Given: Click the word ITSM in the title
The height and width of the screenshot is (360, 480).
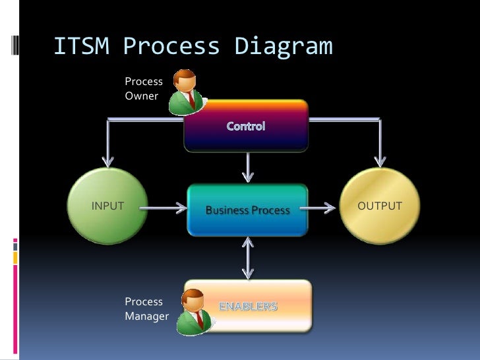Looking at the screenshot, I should click(x=81, y=47).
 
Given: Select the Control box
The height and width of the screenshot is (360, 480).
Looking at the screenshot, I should click(x=246, y=125).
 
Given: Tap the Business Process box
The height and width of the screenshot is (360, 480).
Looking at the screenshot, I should click(x=247, y=210).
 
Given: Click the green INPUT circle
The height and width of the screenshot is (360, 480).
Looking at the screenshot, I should click(x=107, y=206).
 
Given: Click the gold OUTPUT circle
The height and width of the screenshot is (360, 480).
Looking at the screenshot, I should click(x=379, y=206).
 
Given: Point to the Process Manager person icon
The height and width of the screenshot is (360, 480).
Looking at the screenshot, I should click(x=193, y=310).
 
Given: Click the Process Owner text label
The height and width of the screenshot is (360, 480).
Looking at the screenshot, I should click(x=144, y=89).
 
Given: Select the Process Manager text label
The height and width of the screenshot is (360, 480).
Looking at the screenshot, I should click(x=146, y=309).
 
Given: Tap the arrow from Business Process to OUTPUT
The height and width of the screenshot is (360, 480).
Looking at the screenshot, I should click(x=322, y=209).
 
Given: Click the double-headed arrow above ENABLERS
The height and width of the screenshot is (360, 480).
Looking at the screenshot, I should click(x=248, y=258).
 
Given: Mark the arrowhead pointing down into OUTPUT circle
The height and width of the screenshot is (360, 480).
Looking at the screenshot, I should click(x=380, y=160).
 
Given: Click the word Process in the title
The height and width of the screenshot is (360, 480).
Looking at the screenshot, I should click(x=171, y=47).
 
